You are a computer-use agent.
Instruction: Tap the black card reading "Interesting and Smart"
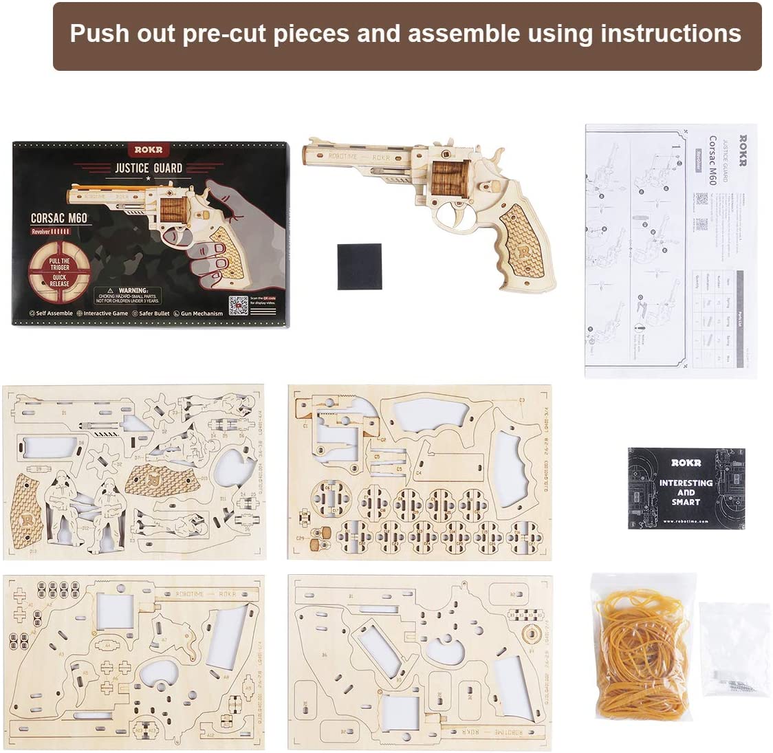686,489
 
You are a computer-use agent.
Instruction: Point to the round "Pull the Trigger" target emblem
59,272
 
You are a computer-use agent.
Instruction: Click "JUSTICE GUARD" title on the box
149,167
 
